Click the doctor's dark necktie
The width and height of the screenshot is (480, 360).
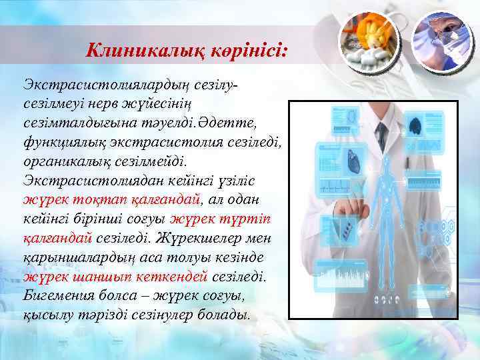(x=381, y=133)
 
